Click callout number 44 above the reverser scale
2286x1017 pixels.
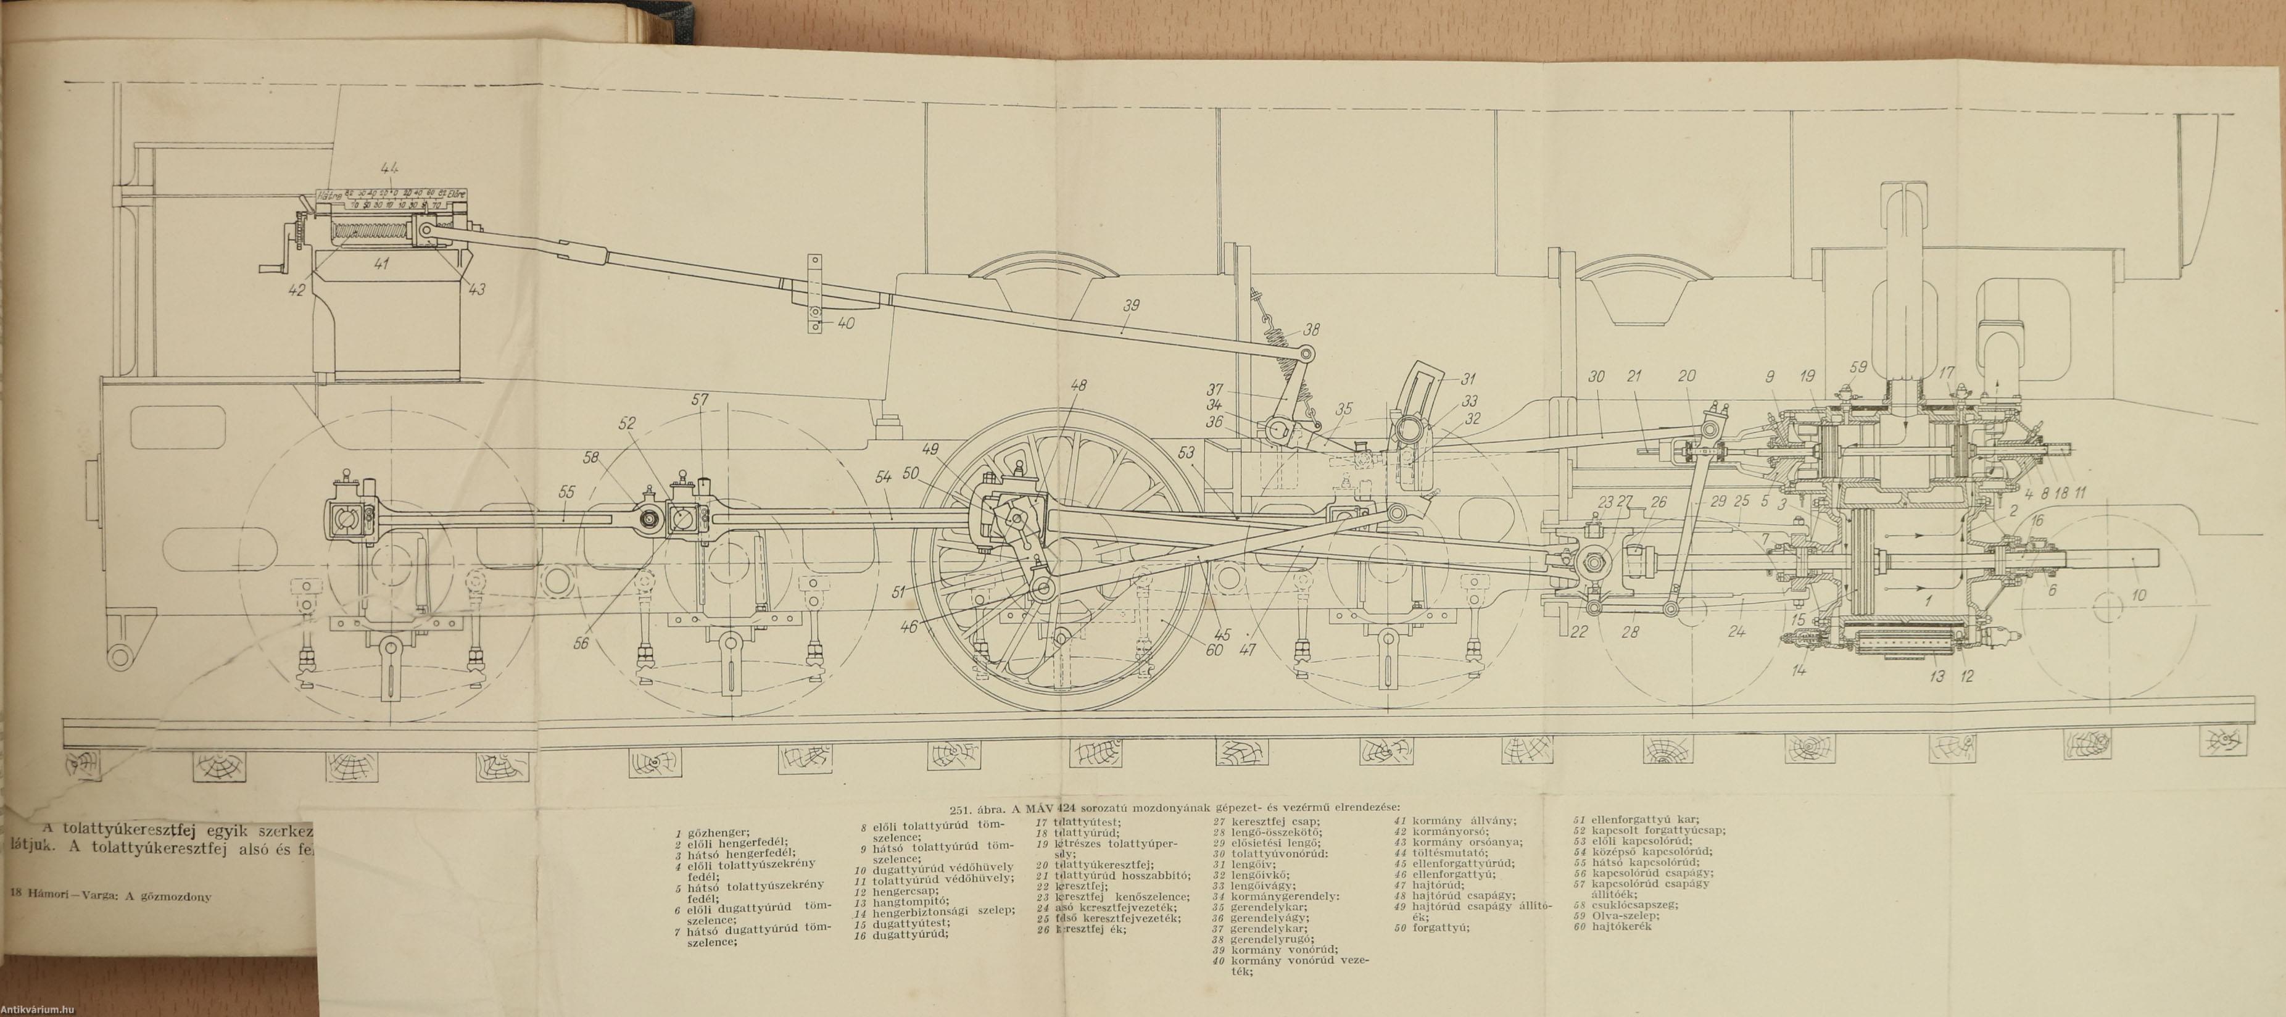388,168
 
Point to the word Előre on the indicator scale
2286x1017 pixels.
459,193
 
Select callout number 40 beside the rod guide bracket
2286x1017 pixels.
846,324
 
